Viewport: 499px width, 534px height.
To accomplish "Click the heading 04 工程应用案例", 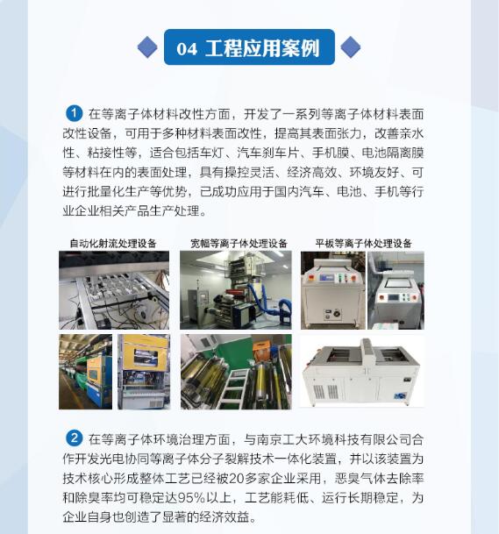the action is (248, 48).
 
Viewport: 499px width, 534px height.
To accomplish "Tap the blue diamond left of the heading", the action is (147, 47).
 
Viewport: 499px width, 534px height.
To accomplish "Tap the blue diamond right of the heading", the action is (351, 47).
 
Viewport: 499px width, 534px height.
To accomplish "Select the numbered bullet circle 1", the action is (74, 113).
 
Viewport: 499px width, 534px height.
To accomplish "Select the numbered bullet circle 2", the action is (74, 438).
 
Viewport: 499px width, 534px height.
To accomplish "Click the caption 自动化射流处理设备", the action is (113, 243).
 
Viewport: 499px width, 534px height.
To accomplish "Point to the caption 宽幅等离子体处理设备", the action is (239, 243).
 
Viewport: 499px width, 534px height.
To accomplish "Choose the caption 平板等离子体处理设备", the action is (363, 243).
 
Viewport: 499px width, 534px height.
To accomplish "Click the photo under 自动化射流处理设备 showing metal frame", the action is (114, 290).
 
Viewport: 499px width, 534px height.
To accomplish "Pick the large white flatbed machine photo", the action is (362, 371).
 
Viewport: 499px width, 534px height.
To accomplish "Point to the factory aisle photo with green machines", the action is (85, 372).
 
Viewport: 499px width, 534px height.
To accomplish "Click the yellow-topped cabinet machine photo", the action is (144, 372).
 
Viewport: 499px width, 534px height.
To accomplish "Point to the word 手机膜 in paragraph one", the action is (331, 153).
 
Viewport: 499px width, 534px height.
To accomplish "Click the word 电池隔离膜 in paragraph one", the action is (393, 153).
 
